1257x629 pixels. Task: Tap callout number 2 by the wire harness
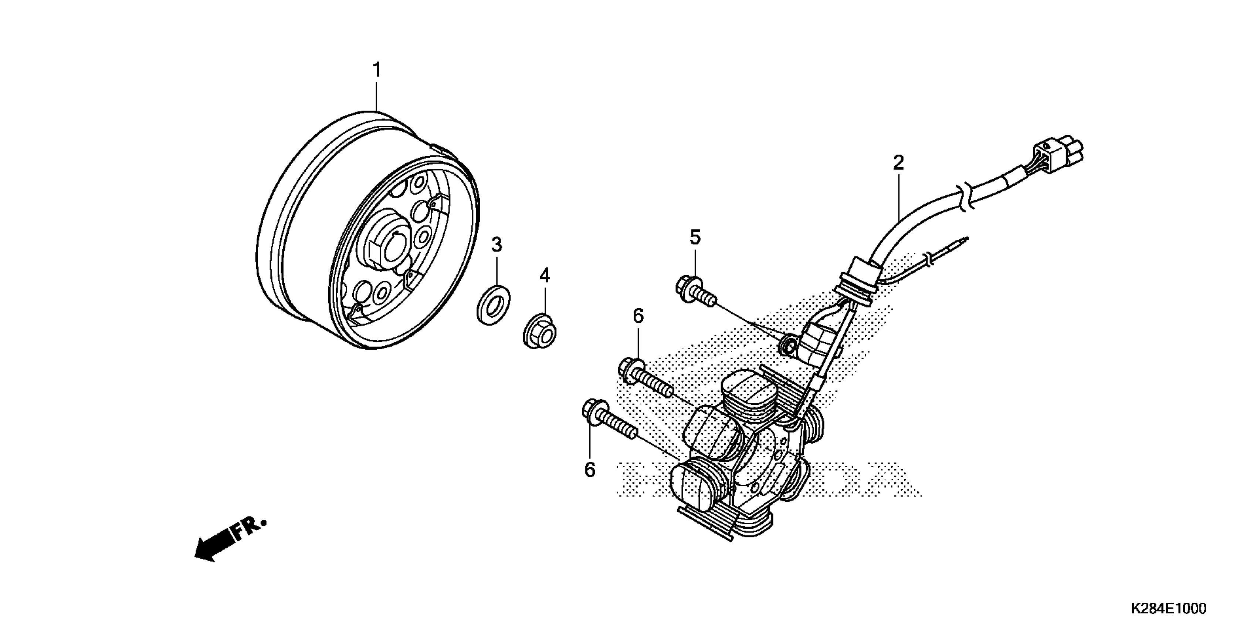tap(898, 163)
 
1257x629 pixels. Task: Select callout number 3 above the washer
tap(496, 245)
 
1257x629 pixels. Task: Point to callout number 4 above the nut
tap(545, 276)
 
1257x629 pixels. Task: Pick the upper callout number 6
tap(638, 316)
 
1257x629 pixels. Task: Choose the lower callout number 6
tap(590, 470)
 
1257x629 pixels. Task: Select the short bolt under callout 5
tap(695, 291)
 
